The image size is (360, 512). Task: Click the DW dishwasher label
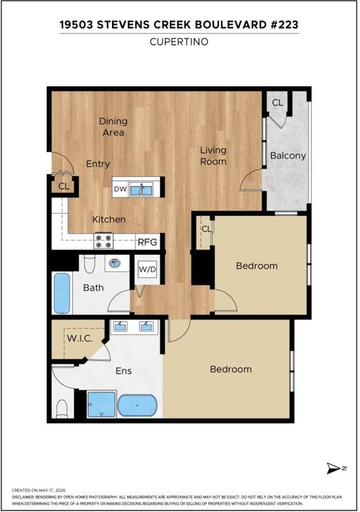point(120,189)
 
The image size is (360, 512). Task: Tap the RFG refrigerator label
point(147,242)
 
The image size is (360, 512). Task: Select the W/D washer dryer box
point(147,269)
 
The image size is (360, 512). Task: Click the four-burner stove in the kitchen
point(103,241)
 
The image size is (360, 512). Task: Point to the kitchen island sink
point(141,189)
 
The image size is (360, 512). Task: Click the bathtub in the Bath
point(61,293)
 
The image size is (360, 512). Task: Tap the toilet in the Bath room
point(89,264)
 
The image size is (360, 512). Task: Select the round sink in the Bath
point(114,262)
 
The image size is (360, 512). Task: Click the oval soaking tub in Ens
point(137,405)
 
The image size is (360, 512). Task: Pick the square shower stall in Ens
point(102,404)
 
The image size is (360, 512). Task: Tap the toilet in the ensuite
point(61,409)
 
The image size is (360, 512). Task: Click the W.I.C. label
point(79,339)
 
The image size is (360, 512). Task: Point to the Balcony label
point(288,156)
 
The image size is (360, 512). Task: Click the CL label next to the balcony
point(277,102)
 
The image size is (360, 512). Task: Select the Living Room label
point(213,156)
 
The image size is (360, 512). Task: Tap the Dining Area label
point(113,127)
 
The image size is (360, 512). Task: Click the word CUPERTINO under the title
point(179,42)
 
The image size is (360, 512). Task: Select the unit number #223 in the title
point(284,25)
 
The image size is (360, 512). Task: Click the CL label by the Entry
point(64,186)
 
